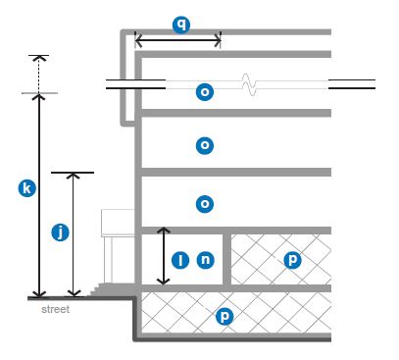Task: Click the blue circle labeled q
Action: (x=181, y=25)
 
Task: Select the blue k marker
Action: (x=26, y=188)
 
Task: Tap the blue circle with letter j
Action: (x=61, y=232)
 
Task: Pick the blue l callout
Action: (x=180, y=260)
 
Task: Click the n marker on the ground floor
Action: (x=206, y=260)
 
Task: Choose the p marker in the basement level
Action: (x=224, y=316)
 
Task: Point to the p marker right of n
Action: (x=292, y=260)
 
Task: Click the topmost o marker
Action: (x=205, y=92)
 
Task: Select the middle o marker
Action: (x=205, y=145)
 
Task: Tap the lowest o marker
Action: (x=205, y=204)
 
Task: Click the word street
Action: (x=56, y=309)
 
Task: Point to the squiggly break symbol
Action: (x=249, y=84)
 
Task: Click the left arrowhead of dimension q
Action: (x=138, y=40)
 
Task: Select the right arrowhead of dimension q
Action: (x=218, y=40)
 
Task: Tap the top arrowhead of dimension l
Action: (x=164, y=231)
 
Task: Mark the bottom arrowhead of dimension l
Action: (x=164, y=282)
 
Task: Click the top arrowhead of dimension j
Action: (x=74, y=176)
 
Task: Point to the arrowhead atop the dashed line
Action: (x=39, y=58)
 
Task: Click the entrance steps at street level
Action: (x=95, y=289)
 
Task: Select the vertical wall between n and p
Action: (x=227, y=260)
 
